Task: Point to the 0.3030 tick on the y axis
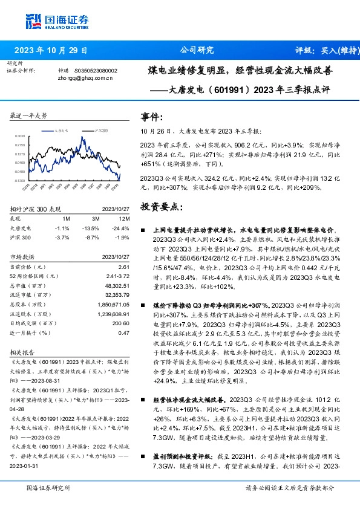(20, 137)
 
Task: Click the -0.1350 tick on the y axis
(20, 180)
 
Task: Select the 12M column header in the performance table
(123, 218)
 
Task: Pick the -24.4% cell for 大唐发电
(122, 228)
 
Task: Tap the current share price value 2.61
(124, 267)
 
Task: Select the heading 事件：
(151, 117)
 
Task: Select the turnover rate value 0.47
(124, 332)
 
